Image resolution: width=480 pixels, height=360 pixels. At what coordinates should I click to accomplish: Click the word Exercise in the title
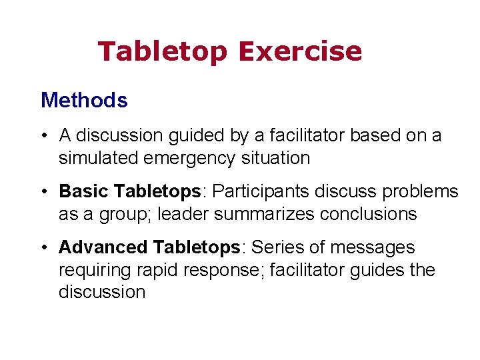click(299, 51)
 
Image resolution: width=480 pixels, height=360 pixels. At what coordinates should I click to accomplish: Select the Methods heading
click(84, 101)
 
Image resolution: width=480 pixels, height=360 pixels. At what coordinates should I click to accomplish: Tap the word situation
click(277, 158)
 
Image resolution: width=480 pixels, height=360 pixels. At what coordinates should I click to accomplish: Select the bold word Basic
click(85, 191)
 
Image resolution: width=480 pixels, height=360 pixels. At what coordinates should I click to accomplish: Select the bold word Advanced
click(103, 247)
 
